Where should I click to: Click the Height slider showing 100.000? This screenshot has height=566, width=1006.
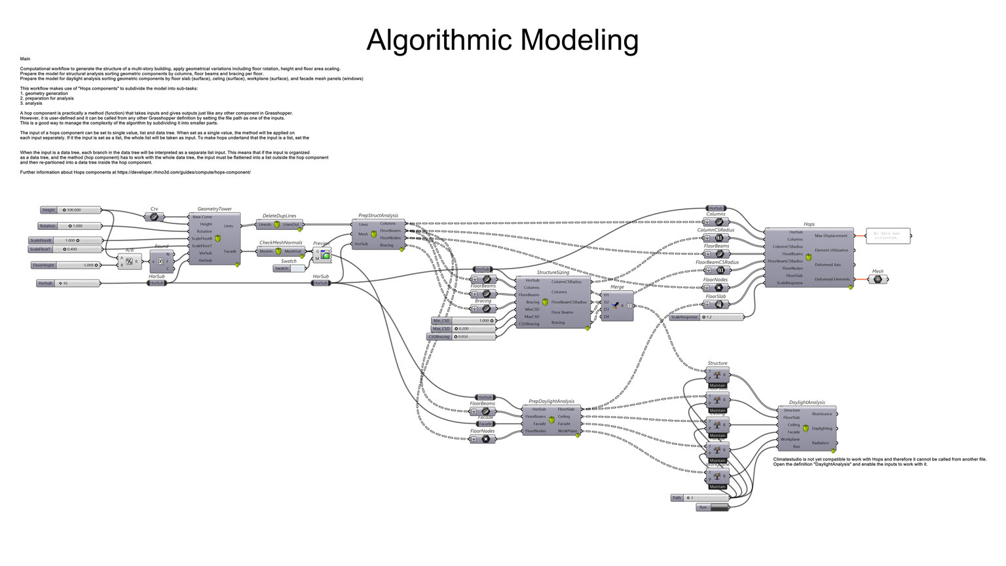79,210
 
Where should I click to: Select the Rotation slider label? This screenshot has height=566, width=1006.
48,226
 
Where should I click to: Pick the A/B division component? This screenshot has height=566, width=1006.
129,261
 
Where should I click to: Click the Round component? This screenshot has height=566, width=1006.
161,261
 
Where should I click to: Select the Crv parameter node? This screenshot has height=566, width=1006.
154,217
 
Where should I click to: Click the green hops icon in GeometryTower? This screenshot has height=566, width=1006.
217,238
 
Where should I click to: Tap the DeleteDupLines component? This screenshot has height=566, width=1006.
279,225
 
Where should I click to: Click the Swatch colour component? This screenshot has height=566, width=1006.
289,269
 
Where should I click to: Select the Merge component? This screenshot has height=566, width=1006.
617,305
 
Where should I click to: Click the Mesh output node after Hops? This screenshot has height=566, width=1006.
878,279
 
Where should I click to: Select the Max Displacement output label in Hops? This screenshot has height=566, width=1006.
830,236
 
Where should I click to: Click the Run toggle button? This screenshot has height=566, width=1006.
713,507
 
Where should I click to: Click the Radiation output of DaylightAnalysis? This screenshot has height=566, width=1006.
820,443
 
